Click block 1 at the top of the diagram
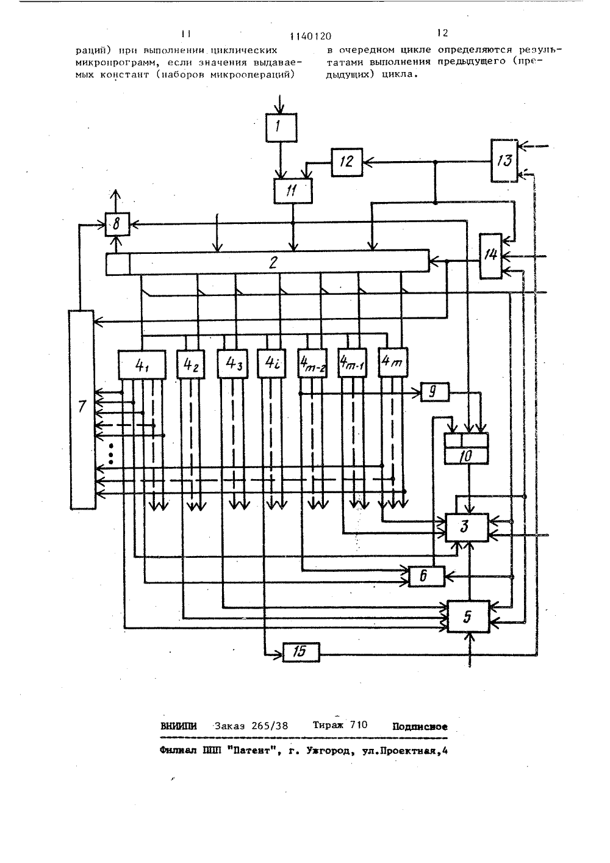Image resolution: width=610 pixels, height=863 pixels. (281, 128)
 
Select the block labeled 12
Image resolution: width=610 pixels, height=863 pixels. (346, 162)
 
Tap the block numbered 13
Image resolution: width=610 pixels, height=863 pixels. (504, 161)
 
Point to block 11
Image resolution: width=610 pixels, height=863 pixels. (293, 190)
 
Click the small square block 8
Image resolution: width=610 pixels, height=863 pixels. (118, 224)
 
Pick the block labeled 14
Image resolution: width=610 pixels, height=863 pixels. (490, 256)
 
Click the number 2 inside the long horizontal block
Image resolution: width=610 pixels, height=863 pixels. (273, 263)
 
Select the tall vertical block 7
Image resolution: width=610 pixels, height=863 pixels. (82, 410)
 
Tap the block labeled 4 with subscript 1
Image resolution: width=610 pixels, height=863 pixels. (142, 364)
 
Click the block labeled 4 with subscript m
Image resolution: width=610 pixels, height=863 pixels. (393, 362)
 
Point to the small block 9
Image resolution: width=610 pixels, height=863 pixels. (434, 392)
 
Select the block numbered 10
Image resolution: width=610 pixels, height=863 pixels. (466, 449)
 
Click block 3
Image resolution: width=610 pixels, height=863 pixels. (467, 527)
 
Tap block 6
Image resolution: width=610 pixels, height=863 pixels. (426, 577)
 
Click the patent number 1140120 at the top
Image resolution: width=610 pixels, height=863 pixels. (310, 36)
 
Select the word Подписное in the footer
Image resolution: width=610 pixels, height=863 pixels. (420, 727)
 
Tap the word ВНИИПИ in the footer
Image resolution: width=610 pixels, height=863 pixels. (179, 726)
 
